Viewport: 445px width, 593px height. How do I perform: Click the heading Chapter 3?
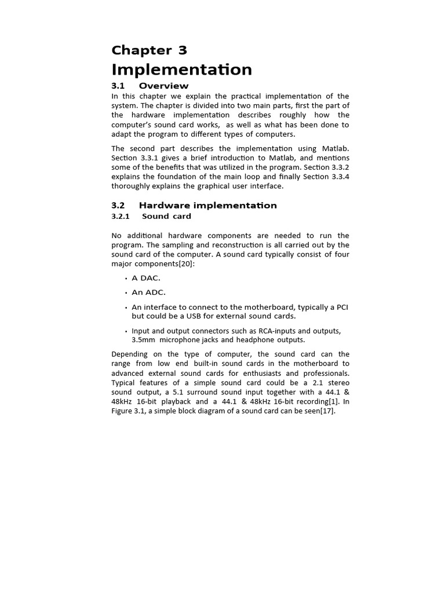point(149,50)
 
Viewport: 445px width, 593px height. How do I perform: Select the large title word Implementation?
point(181,69)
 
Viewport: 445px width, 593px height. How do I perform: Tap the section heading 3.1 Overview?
point(149,86)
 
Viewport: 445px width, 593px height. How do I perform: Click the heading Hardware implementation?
point(207,206)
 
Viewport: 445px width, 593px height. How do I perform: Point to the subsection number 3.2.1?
point(121,217)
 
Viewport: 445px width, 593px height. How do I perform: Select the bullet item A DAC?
point(146,278)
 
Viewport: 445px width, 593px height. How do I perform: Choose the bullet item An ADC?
point(148,292)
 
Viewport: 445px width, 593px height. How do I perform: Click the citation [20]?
point(186,264)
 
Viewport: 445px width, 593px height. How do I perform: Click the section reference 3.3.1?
point(148,158)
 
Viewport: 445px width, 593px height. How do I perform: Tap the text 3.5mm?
point(143,340)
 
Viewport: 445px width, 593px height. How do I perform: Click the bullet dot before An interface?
point(126,308)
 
